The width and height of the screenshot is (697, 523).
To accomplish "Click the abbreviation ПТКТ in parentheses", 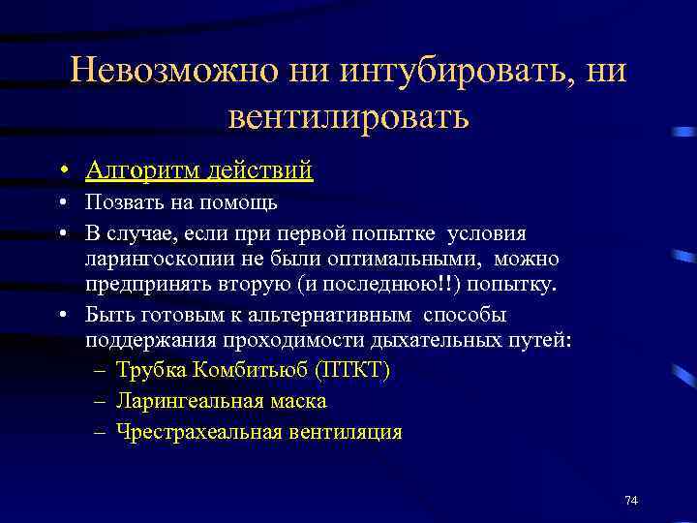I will point(357,371).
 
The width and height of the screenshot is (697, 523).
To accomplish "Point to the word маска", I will point(298,401).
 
